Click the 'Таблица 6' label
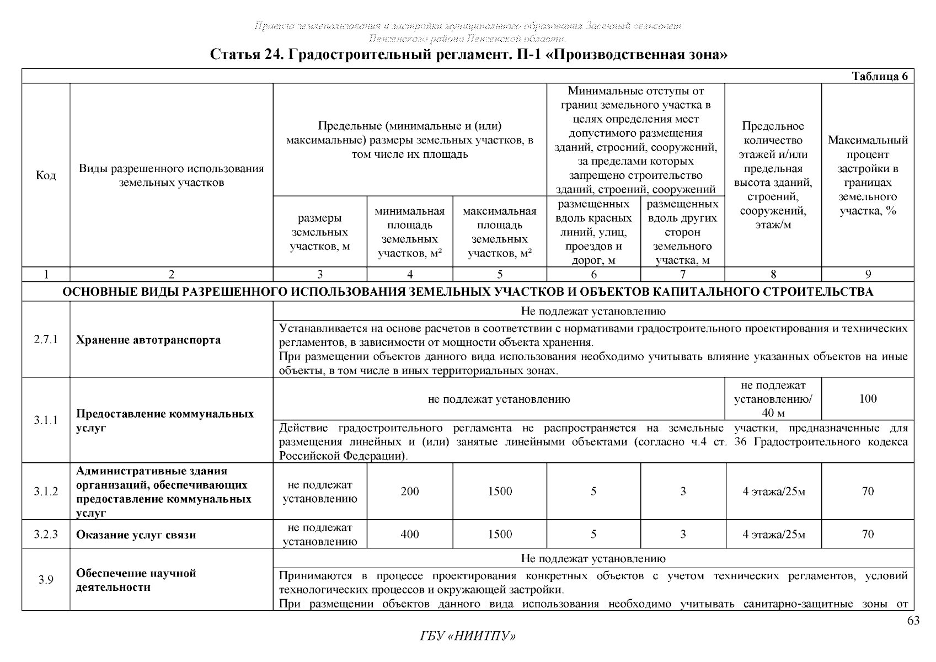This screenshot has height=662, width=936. (x=879, y=76)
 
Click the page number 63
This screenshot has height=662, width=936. (x=913, y=621)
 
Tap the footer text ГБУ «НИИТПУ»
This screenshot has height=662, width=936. (x=468, y=636)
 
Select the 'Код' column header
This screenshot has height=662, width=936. (x=46, y=175)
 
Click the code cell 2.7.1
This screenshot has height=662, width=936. (x=46, y=340)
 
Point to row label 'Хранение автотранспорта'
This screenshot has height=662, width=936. (x=148, y=340)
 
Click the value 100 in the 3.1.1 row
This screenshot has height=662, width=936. (x=868, y=399)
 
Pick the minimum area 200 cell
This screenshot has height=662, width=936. (x=410, y=492)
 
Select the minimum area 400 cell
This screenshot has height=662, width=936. (x=410, y=534)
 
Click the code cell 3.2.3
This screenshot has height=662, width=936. (x=46, y=534)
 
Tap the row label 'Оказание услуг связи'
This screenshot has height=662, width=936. (x=136, y=535)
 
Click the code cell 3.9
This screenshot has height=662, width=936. (x=46, y=580)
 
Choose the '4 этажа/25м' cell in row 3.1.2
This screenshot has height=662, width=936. (x=773, y=492)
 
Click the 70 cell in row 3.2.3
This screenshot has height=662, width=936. (x=868, y=534)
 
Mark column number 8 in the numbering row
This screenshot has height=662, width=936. (x=773, y=274)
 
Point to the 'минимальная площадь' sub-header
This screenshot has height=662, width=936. (x=410, y=232)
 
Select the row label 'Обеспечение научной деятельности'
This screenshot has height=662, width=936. (x=136, y=580)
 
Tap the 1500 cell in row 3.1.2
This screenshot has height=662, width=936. (x=500, y=492)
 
